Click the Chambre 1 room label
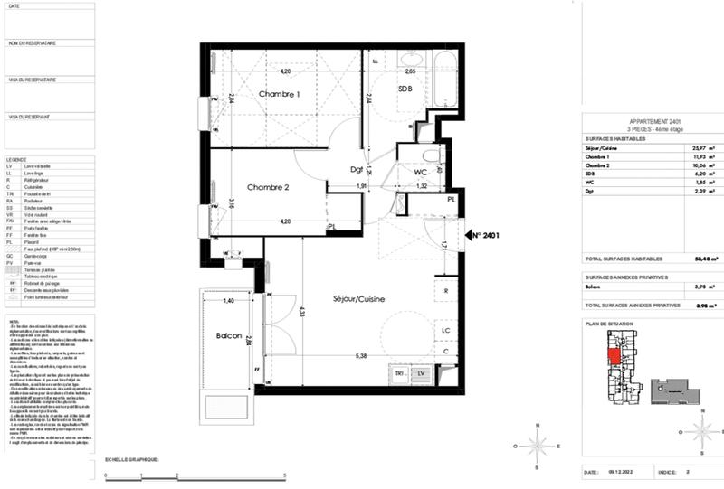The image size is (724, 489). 280,95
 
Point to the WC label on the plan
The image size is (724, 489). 421,171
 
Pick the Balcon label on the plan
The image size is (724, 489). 228,336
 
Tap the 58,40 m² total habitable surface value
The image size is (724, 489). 698,258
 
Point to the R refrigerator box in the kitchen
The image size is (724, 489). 446,291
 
